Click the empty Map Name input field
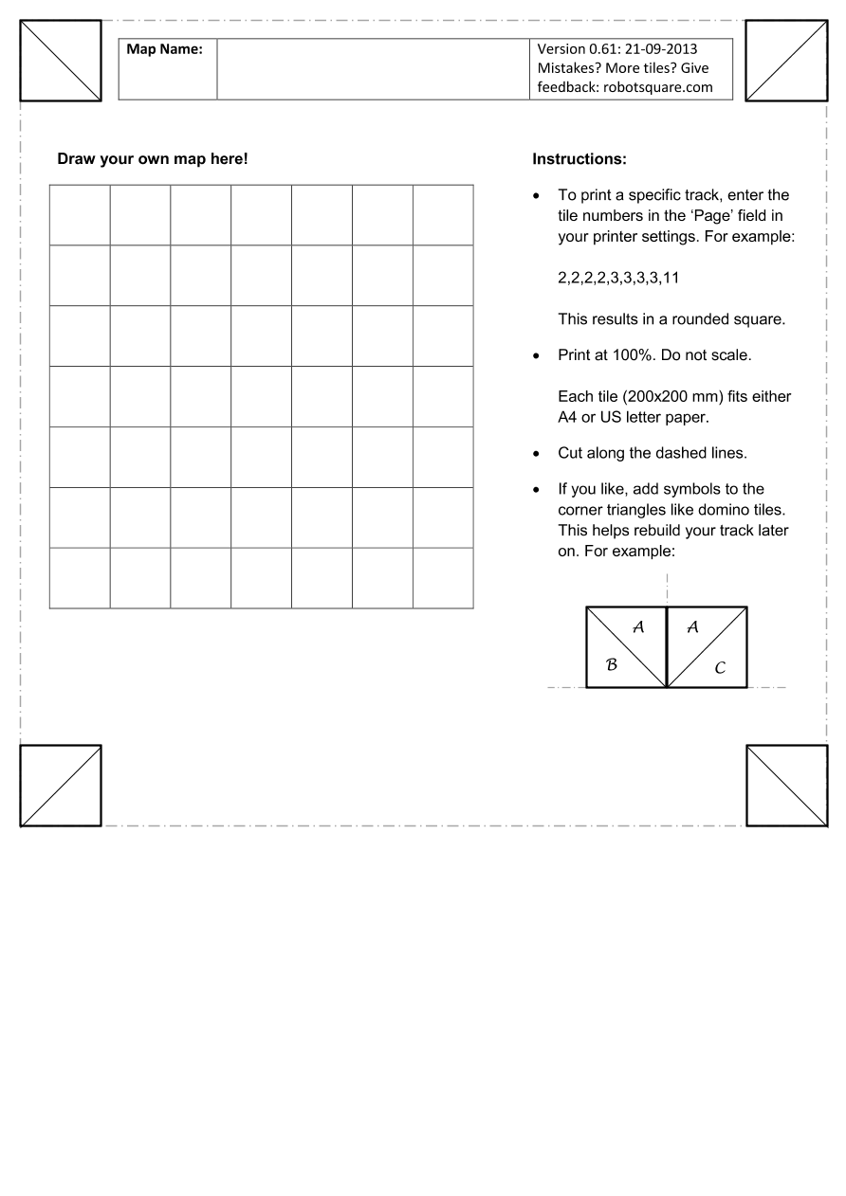373,68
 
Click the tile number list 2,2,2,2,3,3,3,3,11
618,279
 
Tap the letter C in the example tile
720,669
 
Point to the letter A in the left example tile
638,626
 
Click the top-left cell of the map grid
80,215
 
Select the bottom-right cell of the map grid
443,578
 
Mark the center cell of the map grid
261,396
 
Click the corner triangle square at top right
786,60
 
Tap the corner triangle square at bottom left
61,785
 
